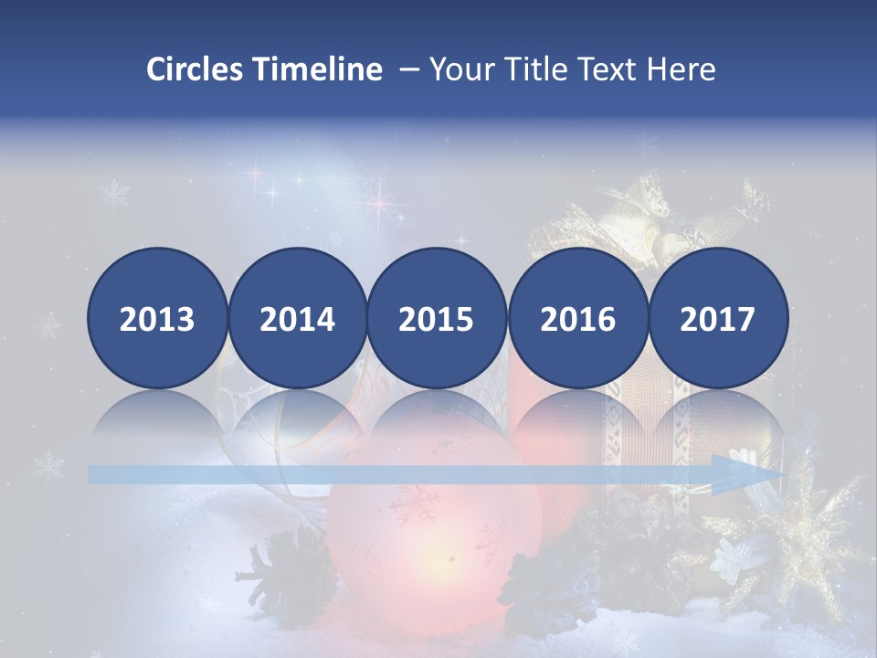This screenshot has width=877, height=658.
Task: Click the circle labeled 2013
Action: (157, 318)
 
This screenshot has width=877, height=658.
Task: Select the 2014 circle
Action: (298, 318)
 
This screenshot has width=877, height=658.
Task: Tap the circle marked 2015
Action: (437, 318)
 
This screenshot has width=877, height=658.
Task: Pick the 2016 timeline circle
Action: (577, 318)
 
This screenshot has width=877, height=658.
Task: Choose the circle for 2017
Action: (718, 318)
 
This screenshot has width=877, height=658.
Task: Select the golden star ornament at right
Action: (804, 530)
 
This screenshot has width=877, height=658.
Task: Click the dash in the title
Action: (407, 69)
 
